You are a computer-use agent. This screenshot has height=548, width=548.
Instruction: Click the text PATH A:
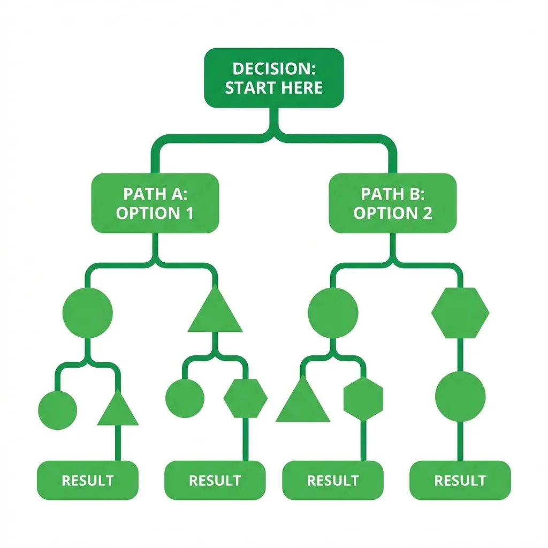[155, 193]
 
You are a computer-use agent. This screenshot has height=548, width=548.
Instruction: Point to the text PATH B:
[392, 193]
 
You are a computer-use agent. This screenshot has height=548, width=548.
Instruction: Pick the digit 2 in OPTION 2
[426, 213]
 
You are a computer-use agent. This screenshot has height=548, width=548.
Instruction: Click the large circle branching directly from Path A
[88, 313]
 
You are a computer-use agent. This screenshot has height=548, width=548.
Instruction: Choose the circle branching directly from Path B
[333, 313]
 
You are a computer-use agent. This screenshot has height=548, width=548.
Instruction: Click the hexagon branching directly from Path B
[460, 313]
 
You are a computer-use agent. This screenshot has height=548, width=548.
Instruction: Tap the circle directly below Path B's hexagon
[460, 397]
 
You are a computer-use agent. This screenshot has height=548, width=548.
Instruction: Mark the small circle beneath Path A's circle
[58, 410]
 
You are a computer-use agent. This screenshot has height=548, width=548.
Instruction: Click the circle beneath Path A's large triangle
[185, 398]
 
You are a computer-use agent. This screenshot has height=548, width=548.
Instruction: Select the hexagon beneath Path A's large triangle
[245, 398]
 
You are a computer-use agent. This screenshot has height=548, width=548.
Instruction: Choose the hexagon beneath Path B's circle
[363, 398]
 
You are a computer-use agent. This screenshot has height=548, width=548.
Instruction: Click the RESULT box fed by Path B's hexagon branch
[460, 480]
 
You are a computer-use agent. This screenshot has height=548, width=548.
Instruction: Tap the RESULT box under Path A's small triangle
[88, 480]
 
